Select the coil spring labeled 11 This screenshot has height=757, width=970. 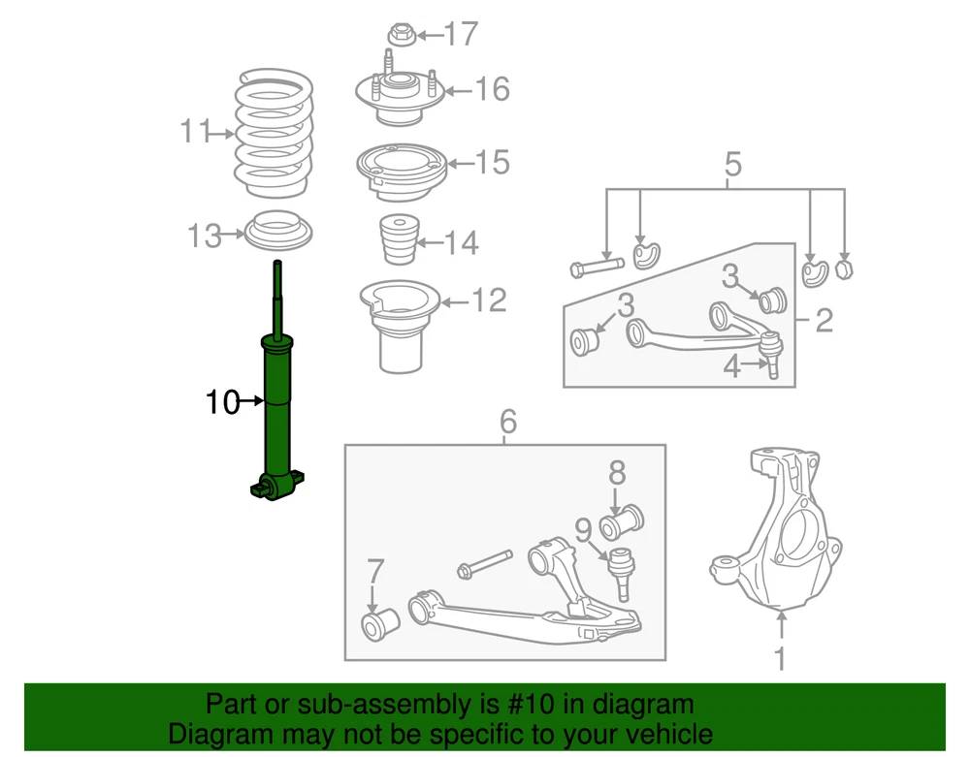point(274,133)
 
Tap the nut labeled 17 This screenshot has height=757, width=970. point(402,35)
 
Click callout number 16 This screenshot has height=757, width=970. point(493,89)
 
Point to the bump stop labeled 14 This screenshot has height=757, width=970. point(399,239)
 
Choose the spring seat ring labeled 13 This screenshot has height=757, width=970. point(278,230)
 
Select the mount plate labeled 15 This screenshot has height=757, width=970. point(401,173)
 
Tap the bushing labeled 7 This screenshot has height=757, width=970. point(379,624)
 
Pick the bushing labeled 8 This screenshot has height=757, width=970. point(622,522)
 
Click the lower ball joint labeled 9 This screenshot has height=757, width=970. point(621,573)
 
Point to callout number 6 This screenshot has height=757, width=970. point(508,421)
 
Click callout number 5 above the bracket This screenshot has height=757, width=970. point(732,164)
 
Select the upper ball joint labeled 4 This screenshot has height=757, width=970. point(771,354)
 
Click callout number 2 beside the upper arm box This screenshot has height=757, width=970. point(824,320)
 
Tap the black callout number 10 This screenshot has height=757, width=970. point(222,401)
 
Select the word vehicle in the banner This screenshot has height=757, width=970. point(674,734)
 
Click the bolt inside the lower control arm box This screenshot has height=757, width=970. point(485,563)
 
